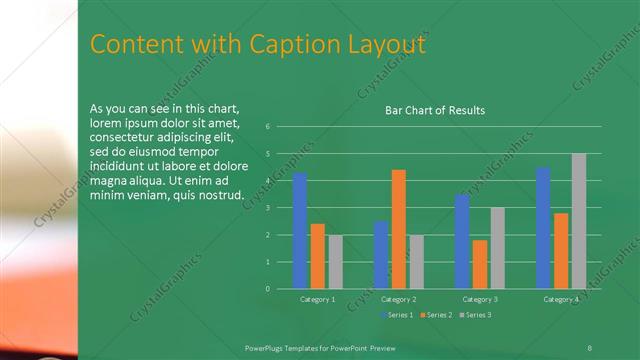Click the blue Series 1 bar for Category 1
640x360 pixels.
coord(300,231)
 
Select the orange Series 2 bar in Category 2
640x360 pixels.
coord(398,229)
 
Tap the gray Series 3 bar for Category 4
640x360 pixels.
coord(578,221)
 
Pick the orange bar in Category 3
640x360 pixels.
coord(480,264)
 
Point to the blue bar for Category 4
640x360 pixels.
coord(543,228)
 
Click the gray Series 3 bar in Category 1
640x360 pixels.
coord(335,262)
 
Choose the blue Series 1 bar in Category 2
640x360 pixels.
coord(381,255)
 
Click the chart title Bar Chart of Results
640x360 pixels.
coord(435,110)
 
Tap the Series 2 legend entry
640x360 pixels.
coord(437,315)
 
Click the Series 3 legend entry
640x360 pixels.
coord(476,315)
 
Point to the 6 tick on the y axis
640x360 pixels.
coord(268,127)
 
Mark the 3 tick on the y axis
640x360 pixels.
coord(268,208)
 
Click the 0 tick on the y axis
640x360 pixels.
coord(268,289)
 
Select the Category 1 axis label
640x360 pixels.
coord(318,299)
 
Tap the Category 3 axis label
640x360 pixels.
coord(480,299)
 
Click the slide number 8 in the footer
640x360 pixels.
coord(589,346)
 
